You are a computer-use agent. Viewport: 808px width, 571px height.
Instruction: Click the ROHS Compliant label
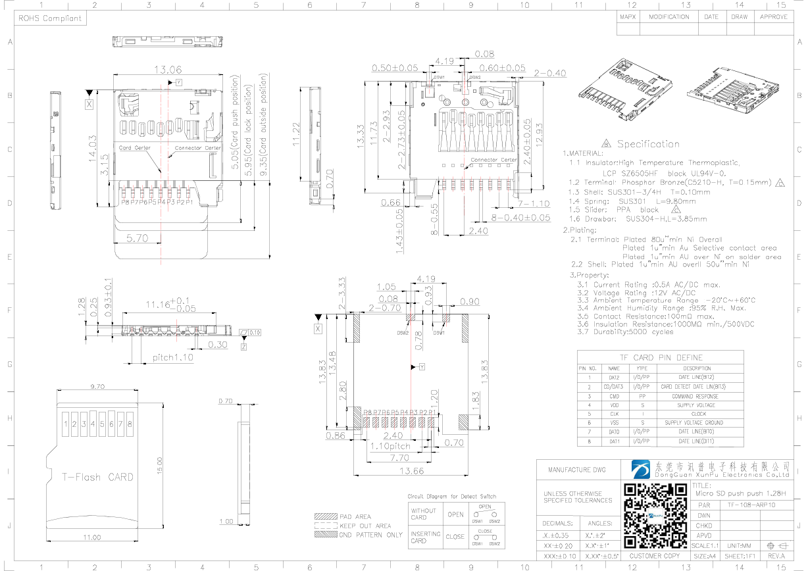click(x=50, y=18)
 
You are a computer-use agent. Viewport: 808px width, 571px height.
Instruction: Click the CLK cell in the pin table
click(x=613, y=414)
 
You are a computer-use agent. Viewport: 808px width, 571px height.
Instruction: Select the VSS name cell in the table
click(x=613, y=423)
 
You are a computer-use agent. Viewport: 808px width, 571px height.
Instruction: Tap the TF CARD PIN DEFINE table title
click(x=660, y=357)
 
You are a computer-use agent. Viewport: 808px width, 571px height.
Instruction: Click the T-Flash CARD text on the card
click(x=97, y=477)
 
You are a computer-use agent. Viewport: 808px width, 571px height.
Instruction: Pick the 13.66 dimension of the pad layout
click(x=410, y=470)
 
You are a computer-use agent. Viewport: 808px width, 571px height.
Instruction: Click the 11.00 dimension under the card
click(x=91, y=537)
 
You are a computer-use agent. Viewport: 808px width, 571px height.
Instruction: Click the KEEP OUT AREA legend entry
click(x=365, y=526)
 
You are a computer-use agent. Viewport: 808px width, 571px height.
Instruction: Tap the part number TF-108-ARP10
click(x=751, y=505)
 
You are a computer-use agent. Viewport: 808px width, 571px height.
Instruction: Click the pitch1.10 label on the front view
click(x=173, y=358)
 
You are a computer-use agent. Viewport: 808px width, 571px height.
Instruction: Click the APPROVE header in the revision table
click(x=773, y=17)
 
